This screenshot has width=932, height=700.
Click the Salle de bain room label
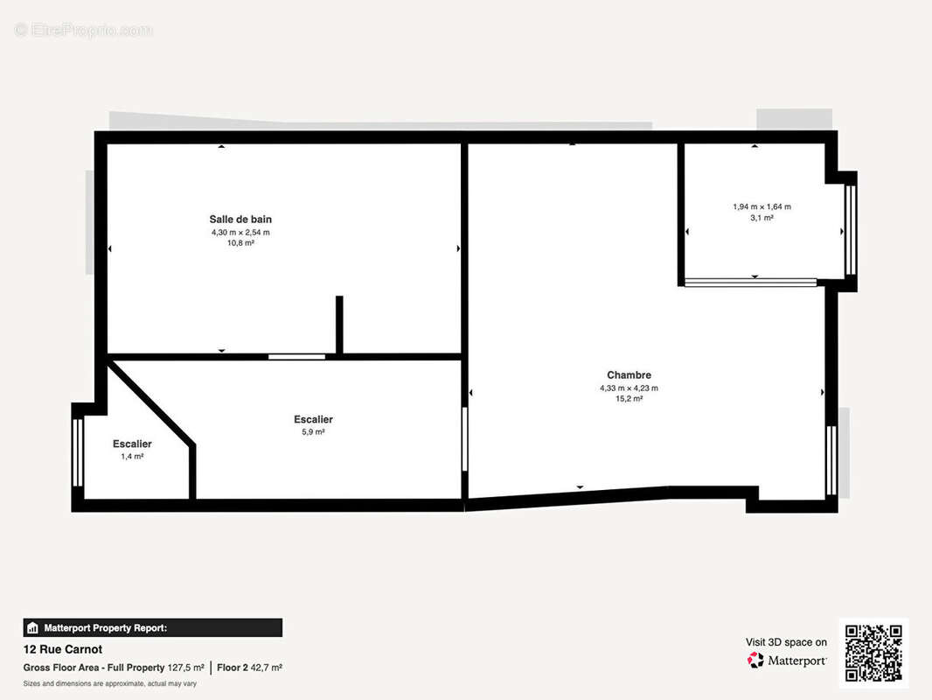click(240, 220)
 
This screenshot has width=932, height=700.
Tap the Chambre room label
click(629, 375)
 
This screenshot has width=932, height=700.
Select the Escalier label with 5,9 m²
click(313, 419)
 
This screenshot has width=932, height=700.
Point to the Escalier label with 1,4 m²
click(132, 444)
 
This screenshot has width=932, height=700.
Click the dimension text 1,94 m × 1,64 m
click(762, 207)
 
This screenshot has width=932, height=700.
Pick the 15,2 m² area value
click(629, 398)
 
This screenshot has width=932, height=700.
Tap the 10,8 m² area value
click(240, 242)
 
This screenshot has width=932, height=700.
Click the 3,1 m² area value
click(762, 218)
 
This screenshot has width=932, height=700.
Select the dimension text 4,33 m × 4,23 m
click(629, 388)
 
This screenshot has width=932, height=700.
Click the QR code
click(873, 653)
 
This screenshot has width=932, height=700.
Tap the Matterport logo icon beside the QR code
click(755, 660)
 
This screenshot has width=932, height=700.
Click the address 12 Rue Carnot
click(62, 649)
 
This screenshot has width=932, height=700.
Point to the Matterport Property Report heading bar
click(153, 627)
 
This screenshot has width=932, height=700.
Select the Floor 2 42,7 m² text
click(250, 668)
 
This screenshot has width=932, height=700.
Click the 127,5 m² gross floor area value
click(186, 668)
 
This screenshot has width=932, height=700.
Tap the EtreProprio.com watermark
click(83, 30)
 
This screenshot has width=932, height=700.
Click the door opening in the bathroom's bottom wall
click(296, 357)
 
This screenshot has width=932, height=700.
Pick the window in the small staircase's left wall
click(78, 452)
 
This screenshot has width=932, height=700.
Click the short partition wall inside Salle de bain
click(339, 325)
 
